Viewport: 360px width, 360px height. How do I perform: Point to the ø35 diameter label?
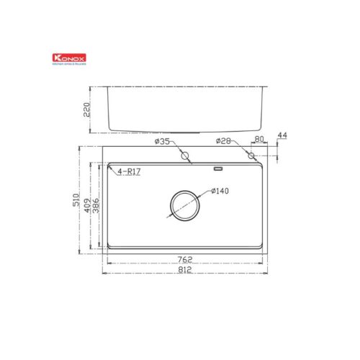click(162, 143)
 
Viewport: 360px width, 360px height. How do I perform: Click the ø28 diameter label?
click(223, 143)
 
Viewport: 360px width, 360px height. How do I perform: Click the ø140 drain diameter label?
click(220, 192)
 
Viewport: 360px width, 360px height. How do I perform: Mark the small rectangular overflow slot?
click(218, 169)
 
